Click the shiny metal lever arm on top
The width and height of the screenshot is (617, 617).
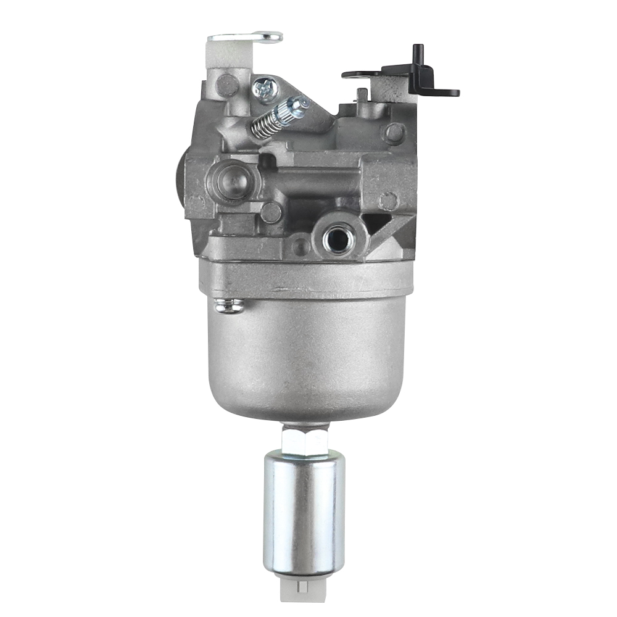(x=247, y=38)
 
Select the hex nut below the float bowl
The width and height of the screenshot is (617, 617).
(x=307, y=440)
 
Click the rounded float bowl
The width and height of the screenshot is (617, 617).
(x=307, y=358)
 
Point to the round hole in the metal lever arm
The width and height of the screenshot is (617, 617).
(x=270, y=38)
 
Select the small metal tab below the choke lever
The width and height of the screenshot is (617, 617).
(x=362, y=96)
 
